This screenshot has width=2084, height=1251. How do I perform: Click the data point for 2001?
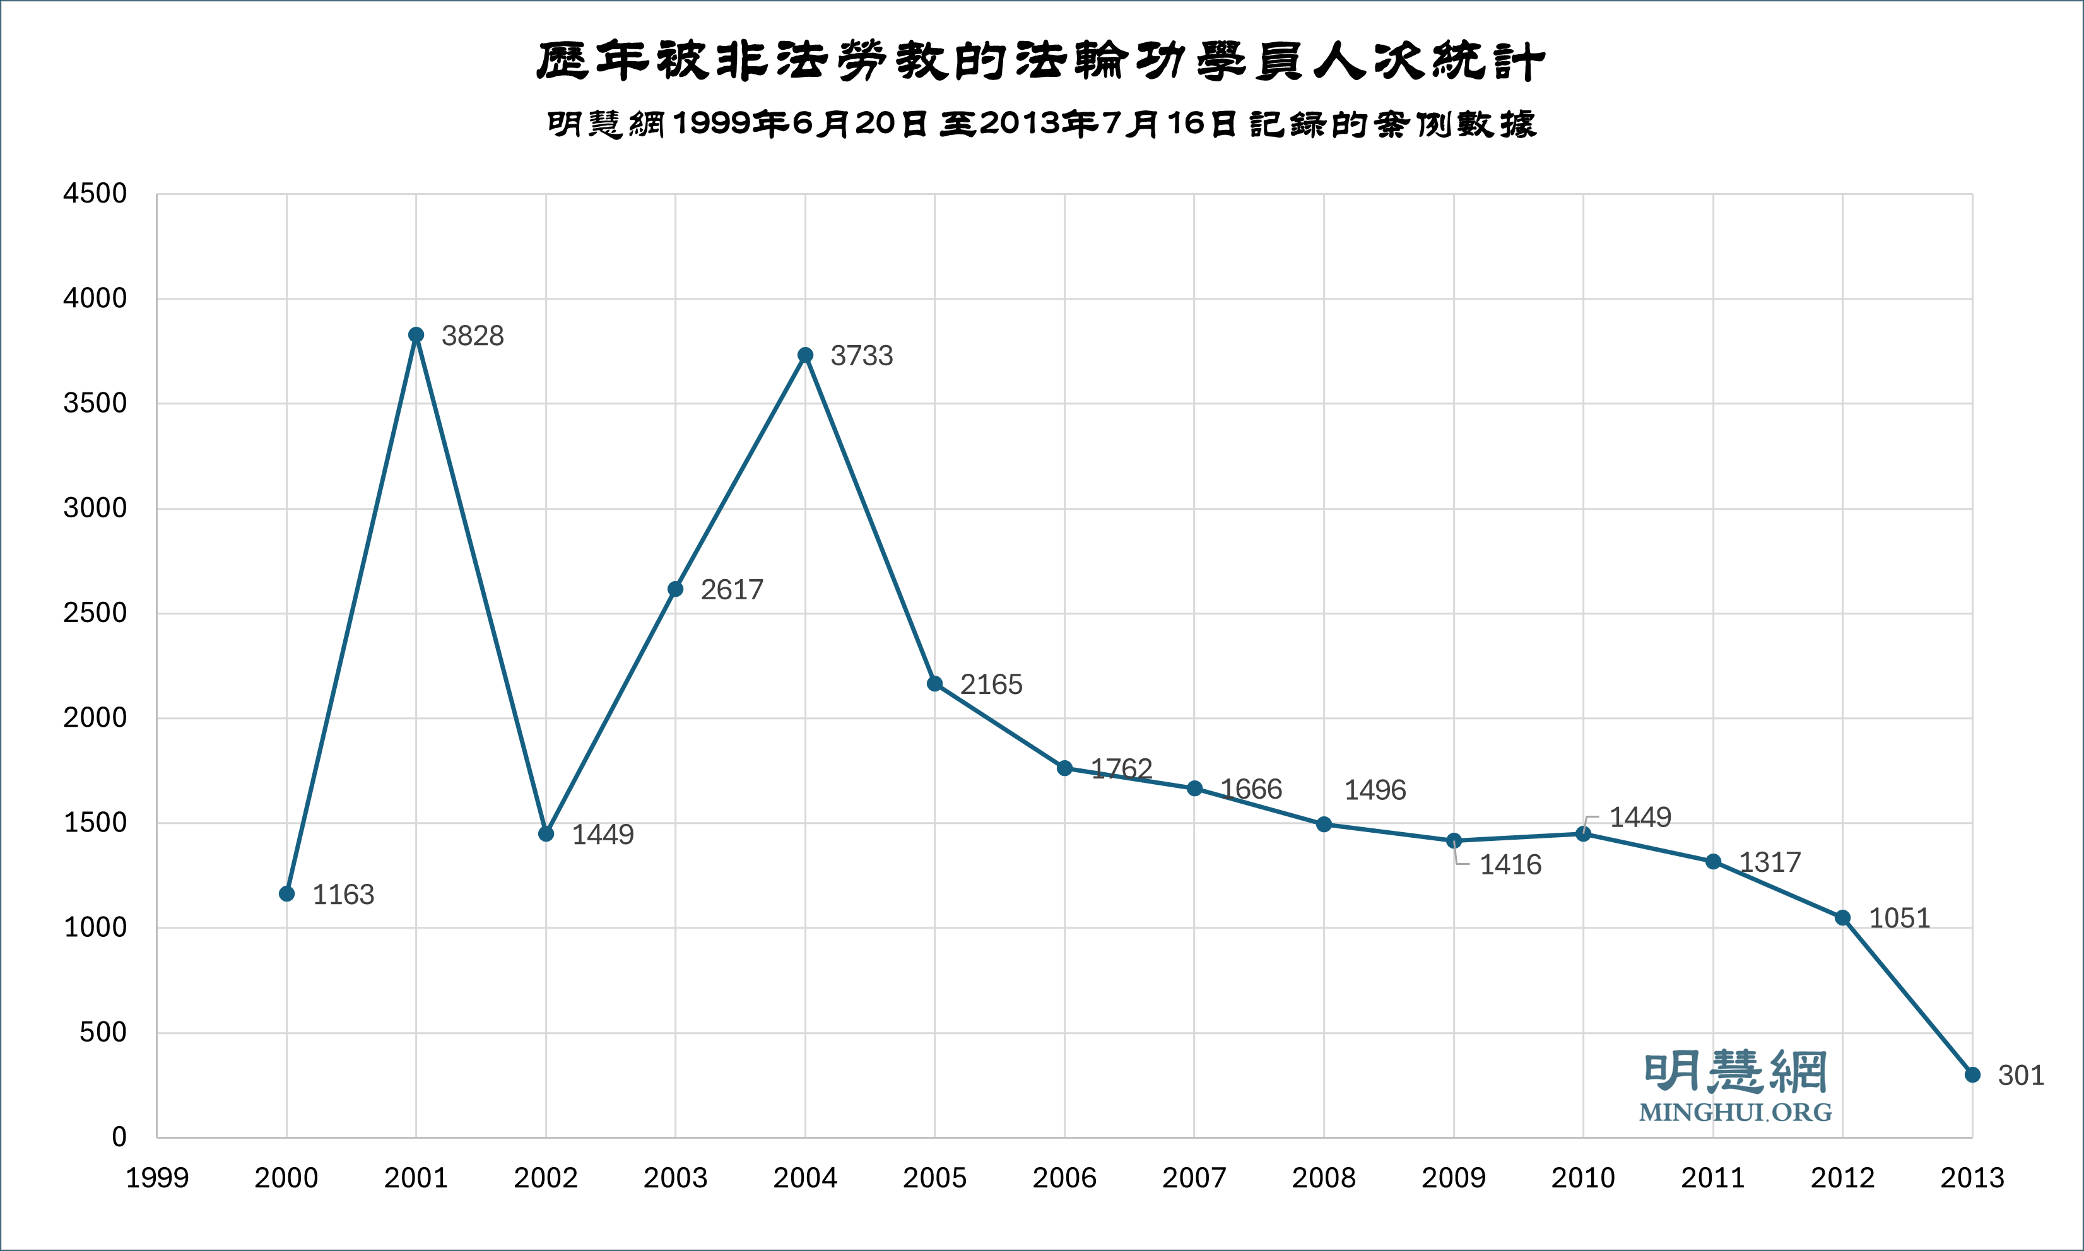(x=416, y=334)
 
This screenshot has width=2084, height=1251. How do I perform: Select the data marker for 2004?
(x=805, y=355)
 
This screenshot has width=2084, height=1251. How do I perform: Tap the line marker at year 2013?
(x=1972, y=1075)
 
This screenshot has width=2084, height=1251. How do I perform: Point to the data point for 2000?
(x=286, y=893)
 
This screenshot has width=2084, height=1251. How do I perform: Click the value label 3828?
(x=472, y=336)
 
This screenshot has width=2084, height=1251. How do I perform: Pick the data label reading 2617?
(x=732, y=589)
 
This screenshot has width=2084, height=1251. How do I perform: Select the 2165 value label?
(x=991, y=684)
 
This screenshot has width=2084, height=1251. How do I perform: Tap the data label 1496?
(x=1374, y=790)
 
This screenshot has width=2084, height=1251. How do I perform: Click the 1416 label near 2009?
(x=1510, y=865)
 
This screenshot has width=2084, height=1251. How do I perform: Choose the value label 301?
(x=2021, y=1076)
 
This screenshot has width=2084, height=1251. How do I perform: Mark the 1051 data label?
(x=1899, y=918)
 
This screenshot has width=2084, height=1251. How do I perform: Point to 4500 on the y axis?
(x=95, y=193)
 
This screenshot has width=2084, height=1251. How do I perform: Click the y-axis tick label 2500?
(x=95, y=613)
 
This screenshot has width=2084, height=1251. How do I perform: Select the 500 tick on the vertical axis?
(x=103, y=1032)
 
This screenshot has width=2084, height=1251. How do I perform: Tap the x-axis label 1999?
(x=157, y=1178)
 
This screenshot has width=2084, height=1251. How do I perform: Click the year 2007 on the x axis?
(x=1194, y=1178)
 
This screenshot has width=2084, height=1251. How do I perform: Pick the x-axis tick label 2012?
(x=1842, y=1178)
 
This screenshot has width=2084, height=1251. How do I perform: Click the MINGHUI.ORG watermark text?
(x=1735, y=1112)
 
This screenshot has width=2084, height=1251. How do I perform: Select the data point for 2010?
(x=1583, y=834)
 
